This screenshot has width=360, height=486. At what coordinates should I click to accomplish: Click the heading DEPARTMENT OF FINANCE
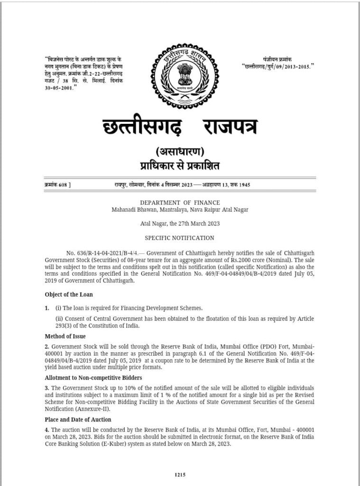pyautogui.click(x=179, y=202)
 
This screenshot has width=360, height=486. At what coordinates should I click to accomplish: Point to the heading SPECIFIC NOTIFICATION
pyautogui.click(x=179, y=238)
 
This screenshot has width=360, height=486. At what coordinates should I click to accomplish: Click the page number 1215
pyautogui.click(x=179, y=474)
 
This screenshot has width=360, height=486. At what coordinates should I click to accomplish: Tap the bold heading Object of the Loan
pyautogui.click(x=69, y=294)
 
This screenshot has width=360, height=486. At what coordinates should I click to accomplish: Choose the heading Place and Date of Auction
pyautogui.click(x=78, y=420)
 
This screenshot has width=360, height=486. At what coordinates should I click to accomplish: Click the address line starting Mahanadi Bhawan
pyautogui.click(x=179, y=209)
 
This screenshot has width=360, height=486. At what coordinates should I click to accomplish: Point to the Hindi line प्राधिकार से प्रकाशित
pyautogui.click(x=179, y=166)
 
